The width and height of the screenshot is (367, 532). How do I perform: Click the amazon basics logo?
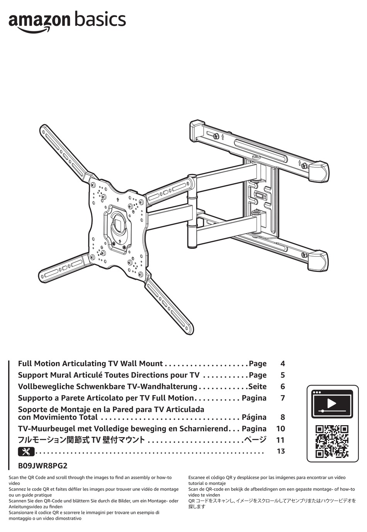pyautogui.click(x=67, y=21)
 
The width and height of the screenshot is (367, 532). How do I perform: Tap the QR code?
pyautogui.click(x=331, y=441)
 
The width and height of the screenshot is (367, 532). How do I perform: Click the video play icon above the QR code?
pyautogui.click(x=331, y=404)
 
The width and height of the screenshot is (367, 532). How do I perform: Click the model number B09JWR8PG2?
pyautogui.click(x=40, y=466)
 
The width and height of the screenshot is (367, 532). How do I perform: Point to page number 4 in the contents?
pyautogui.click(x=283, y=364)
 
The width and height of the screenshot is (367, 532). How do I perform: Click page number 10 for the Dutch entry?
pyautogui.click(x=280, y=429)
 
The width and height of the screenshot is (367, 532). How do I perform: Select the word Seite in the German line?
pyautogui.click(x=257, y=387)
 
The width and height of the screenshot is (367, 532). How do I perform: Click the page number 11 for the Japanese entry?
pyautogui.click(x=280, y=440)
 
